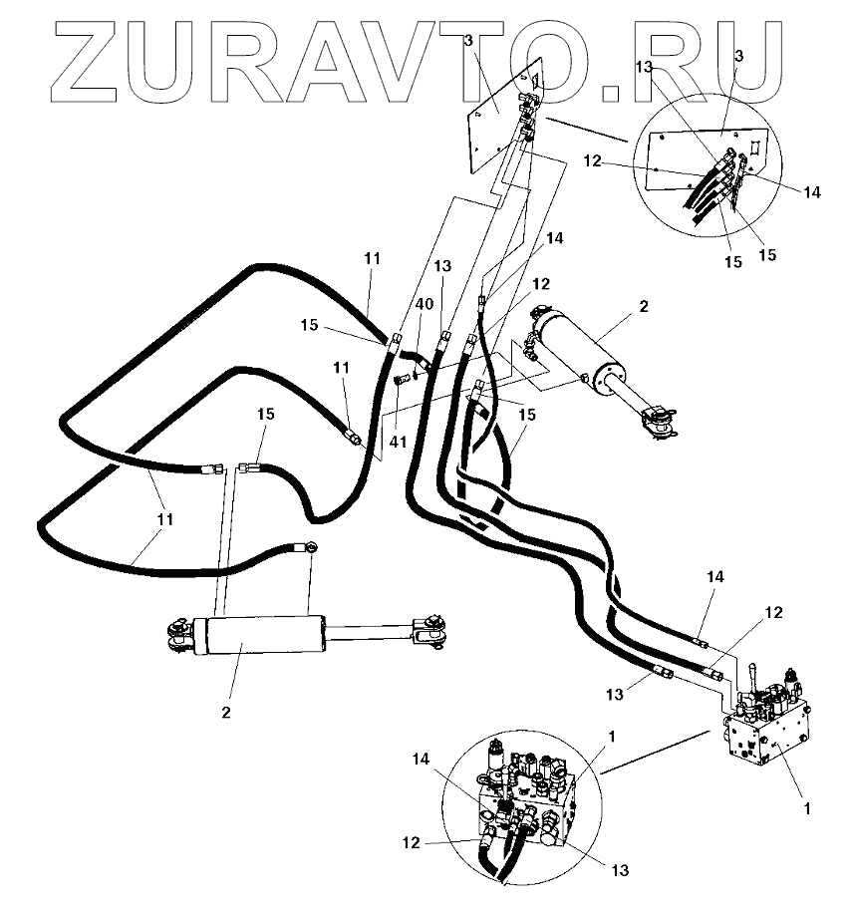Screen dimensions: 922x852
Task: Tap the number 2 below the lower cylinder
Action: point(226,712)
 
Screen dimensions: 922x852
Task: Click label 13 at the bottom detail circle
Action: point(620,870)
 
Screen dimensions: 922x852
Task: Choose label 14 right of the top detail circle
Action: point(811,192)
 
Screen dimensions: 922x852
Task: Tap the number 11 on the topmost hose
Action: point(372,258)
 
